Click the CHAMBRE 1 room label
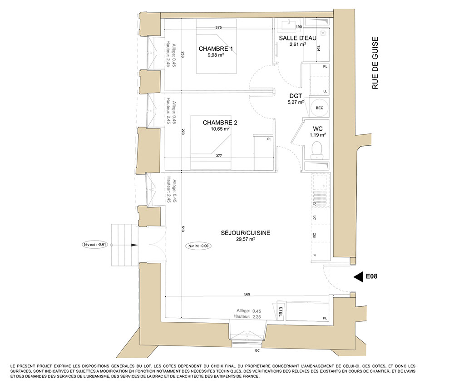point(216,49)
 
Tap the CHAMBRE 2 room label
point(220,123)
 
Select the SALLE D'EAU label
point(298,38)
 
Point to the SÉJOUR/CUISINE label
point(246,233)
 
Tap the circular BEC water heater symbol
point(319,108)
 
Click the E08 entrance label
point(371,276)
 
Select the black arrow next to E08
point(359,277)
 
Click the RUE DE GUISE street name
point(375,63)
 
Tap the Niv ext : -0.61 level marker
point(95,245)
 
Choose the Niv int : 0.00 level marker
point(198,246)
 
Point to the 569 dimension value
point(247,294)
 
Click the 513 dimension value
point(183,229)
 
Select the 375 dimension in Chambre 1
point(219,28)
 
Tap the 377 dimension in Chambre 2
point(219,156)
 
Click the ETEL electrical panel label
point(280,311)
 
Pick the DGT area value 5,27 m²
point(296,102)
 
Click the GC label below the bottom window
point(257,350)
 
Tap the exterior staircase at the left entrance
point(124,245)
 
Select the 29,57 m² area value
point(246,239)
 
